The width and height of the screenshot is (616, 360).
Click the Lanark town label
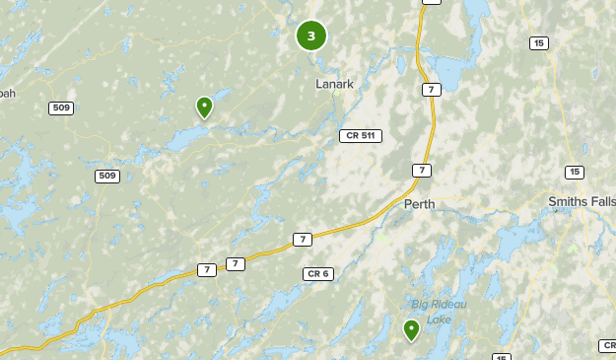(x=334, y=84)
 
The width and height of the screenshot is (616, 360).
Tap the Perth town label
(x=419, y=204)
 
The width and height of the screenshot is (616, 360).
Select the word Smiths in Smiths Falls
(x=568, y=201)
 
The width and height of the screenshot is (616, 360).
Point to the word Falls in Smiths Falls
(x=602, y=201)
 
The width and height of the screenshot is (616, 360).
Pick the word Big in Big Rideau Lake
(x=421, y=304)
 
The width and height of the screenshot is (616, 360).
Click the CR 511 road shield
(x=360, y=135)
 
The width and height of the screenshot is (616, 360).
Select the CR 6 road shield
(x=317, y=273)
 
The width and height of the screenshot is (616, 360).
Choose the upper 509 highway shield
(x=61, y=108)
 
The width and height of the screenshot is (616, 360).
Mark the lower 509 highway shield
(x=107, y=176)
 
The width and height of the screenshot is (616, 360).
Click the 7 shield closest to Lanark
(x=431, y=90)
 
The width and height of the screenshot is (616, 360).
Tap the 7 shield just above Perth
(x=421, y=171)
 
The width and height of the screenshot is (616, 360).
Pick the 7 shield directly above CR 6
(x=302, y=240)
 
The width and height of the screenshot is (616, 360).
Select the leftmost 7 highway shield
(x=206, y=269)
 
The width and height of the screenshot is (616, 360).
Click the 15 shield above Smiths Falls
(x=575, y=173)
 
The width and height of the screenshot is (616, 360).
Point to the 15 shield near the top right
(x=538, y=42)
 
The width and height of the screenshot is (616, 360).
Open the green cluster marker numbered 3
(x=311, y=36)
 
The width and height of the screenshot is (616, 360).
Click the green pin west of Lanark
(x=205, y=107)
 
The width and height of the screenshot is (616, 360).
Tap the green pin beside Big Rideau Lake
(x=411, y=329)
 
